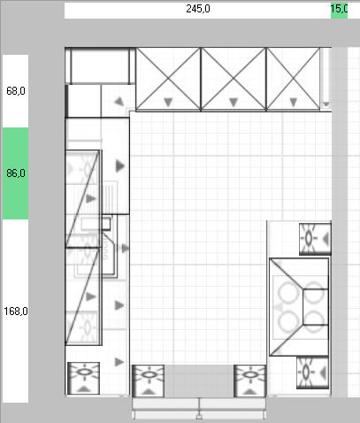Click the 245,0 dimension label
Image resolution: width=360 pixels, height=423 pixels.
tap(198, 9)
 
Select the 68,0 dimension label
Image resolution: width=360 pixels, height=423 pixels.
tap(16, 91)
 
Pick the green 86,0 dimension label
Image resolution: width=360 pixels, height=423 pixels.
tap(16, 173)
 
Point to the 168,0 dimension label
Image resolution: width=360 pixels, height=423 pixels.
tap(16, 311)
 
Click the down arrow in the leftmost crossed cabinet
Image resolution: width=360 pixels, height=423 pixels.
tap(168, 103)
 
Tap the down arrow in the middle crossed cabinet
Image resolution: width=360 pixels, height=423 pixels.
tap(234, 103)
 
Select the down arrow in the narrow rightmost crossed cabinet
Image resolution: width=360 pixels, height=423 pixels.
tap(294, 103)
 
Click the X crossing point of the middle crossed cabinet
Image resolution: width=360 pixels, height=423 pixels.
tap(234, 79)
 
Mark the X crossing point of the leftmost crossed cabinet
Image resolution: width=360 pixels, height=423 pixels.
tap(168, 79)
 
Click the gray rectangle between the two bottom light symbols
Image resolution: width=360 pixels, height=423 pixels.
tap(199, 381)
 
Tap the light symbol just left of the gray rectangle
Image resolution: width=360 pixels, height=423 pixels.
tap(148, 381)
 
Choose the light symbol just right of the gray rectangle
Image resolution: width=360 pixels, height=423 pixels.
tap(250, 381)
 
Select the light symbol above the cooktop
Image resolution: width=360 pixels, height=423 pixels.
tap(315, 239)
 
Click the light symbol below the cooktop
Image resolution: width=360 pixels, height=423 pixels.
tap(312, 373)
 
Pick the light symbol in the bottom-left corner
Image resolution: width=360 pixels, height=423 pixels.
tap(84, 378)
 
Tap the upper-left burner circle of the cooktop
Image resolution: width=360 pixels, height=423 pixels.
tap(288, 292)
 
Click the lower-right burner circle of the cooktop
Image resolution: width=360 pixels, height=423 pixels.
tap(314, 321)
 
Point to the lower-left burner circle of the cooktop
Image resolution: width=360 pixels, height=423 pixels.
tap(288, 321)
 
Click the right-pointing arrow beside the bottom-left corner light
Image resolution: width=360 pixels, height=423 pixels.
tap(119, 362)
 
